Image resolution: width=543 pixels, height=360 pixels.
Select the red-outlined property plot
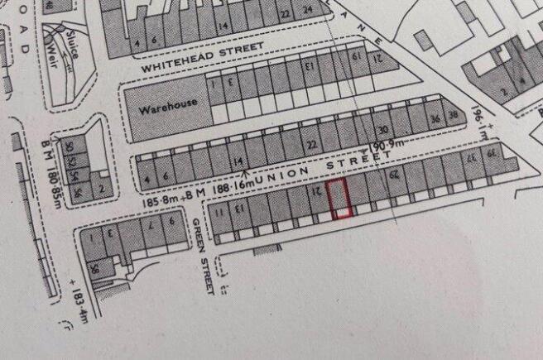click(x=339, y=199)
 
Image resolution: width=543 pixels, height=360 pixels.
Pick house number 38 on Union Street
click(x=452, y=116)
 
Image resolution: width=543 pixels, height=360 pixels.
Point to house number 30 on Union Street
click(x=382, y=131)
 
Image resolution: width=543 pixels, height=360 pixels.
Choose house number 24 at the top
click(x=307, y=11)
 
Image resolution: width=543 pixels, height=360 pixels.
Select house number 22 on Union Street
click(x=311, y=144)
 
